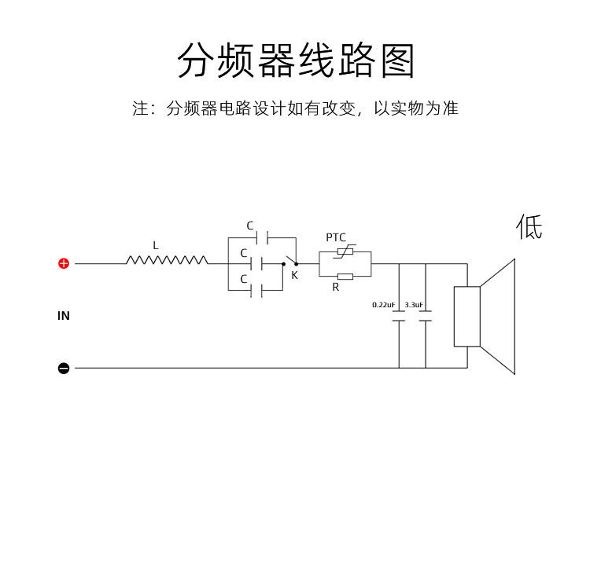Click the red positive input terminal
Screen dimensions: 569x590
[x=64, y=263]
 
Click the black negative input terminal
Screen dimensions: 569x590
[x=64, y=368]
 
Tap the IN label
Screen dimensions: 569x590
[x=64, y=316]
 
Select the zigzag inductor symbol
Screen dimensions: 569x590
[x=167, y=260]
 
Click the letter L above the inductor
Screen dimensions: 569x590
[x=156, y=246]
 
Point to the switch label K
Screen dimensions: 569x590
[x=294, y=276]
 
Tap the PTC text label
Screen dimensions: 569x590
[x=336, y=237]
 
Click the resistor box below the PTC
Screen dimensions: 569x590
[x=345, y=276]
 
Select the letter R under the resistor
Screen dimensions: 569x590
[x=336, y=288]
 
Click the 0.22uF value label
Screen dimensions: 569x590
[x=383, y=304]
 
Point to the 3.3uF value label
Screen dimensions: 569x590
[x=414, y=304]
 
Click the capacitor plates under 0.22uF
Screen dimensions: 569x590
[x=399, y=317]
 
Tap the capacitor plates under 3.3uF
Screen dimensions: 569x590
[x=426, y=317]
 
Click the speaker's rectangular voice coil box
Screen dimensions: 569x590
[x=466, y=316]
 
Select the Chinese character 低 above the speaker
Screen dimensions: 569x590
[x=529, y=227]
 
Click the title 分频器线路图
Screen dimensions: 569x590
[x=295, y=61]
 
